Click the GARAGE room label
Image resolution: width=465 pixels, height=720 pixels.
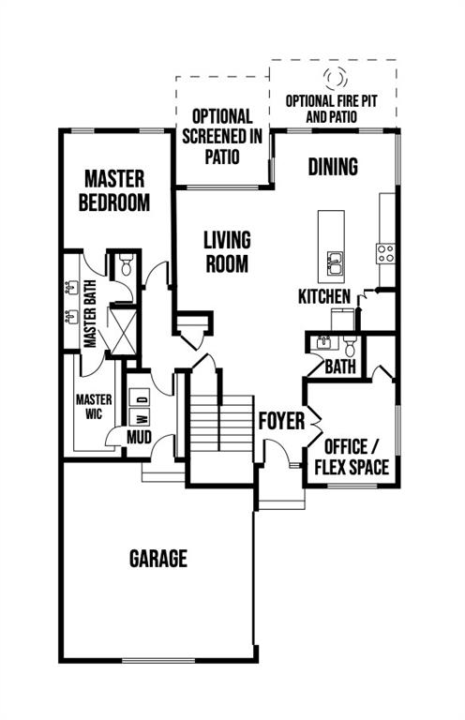click(x=158, y=559)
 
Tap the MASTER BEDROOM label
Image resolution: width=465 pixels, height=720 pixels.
click(x=114, y=190)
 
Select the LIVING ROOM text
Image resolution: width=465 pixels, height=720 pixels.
click(x=227, y=252)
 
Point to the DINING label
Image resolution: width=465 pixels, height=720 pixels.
click(x=333, y=167)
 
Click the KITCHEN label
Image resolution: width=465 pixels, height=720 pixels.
click(x=324, y=296)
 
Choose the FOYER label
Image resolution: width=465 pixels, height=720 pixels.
click(x=281, y=421)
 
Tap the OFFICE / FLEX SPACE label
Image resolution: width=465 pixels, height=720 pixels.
click(x=352, y=457)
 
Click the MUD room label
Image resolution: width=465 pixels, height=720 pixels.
click(x=139, y=437)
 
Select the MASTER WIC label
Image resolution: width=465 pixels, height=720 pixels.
click(x=94, y=406)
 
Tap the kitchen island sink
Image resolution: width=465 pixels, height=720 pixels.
click(x=335, y=263)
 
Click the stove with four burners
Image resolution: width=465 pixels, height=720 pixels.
click(x=385, y=253)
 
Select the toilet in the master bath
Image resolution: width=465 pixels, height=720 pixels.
click(x=126, y=265)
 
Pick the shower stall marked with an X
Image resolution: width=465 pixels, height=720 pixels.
click(x=122, y=332)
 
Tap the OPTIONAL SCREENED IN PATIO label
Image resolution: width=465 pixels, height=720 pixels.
click(x=222, y=136)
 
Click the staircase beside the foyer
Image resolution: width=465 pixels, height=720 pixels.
click(x=221, y=423)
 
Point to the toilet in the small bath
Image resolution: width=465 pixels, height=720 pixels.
click(x=350, y=347)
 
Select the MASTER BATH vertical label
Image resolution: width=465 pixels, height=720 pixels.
click(x=90, y=314)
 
